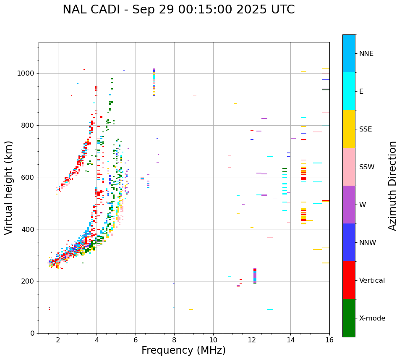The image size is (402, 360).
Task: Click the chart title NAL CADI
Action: coord(178,10)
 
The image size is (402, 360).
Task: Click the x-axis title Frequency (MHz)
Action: coord(183,350)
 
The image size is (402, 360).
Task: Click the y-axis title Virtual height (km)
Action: coord(9,188)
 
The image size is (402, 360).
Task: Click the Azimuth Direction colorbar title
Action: coord(392,186)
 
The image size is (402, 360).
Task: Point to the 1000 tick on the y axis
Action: coord(28,74)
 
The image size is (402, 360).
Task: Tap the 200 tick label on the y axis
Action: coord(29,281)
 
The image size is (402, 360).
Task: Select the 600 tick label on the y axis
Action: coord(29,177)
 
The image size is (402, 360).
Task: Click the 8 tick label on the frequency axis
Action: coord(174,340)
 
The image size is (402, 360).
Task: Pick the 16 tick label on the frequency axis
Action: coord(329,340)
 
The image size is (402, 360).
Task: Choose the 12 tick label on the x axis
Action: coord(252,340)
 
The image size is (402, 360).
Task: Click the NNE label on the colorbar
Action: coord(366,54)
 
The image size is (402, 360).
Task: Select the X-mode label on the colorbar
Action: coord(372,318)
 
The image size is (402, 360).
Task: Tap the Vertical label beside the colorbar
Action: coord(372,281)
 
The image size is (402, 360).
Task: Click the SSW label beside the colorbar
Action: coord(367,167)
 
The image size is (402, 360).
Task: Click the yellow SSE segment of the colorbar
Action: coord(349,129)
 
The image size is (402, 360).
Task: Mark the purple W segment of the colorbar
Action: coord(349,205)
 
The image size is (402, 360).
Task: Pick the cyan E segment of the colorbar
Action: coord(349,91)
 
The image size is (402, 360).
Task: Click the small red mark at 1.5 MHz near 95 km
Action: coord(49,309)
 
